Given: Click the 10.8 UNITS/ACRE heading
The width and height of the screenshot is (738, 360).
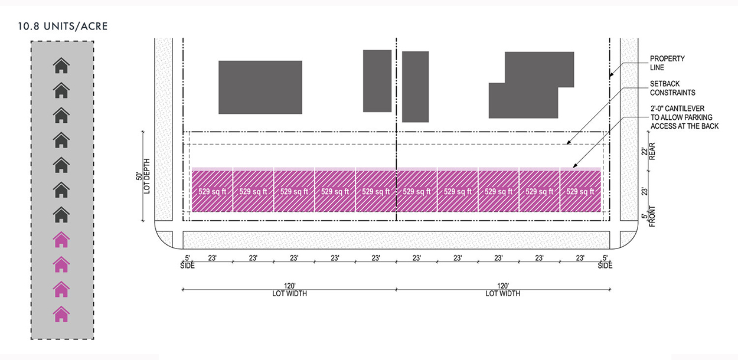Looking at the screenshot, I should (64, 27).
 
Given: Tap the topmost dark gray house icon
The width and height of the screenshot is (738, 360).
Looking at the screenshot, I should (61, 65).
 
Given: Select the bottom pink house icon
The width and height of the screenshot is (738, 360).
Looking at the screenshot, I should (61, 314).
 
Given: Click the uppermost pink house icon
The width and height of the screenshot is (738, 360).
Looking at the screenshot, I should (61, 240).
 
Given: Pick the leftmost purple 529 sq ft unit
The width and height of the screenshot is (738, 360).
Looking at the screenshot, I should (212, 191).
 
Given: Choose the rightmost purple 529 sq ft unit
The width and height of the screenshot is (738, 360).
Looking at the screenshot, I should (580, 191).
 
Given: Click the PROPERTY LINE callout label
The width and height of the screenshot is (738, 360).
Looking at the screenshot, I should (667, 63).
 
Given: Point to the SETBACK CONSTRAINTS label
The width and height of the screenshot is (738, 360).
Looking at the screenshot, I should (672, 89).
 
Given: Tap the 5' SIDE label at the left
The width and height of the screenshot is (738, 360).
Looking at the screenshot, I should (187, 262).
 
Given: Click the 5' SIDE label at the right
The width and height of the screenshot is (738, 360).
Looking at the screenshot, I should (605, 262).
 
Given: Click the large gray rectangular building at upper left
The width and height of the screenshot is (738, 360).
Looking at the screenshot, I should (260, 87).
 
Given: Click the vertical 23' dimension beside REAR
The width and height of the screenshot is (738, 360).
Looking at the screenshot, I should (645, 191).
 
